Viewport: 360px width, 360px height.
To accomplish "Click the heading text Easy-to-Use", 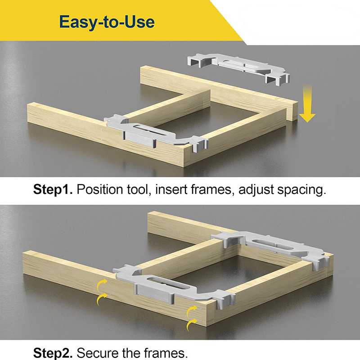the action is click(107, 22).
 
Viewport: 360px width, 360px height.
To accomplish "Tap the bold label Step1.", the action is click(53, 189).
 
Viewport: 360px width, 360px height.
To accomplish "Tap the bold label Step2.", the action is click(53, 353).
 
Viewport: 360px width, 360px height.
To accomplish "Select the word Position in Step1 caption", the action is click(99, 189).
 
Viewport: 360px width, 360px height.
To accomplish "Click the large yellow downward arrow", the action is click(307, 103).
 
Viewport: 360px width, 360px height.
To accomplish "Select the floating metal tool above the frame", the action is click(238, 68).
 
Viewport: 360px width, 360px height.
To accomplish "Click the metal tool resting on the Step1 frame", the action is click(156, 134).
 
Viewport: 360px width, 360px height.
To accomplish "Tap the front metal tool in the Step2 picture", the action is click(175, 287).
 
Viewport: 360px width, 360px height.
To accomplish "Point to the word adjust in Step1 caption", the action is click(256, 190).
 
